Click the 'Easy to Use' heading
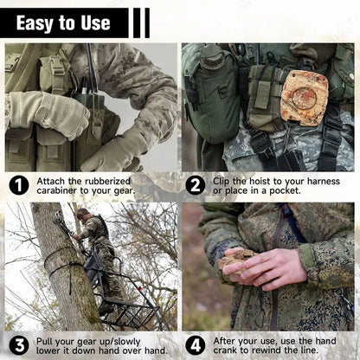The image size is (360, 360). [x=63, y=22]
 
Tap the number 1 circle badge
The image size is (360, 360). [x=19, y=184]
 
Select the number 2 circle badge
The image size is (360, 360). [x=196, y=184]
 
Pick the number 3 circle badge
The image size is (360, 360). [x=19, y=343]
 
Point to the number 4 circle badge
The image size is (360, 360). [x=196, y=343]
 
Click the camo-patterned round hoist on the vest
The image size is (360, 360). [x=304, y=98]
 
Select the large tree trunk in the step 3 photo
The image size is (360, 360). [x=56, y=268]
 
